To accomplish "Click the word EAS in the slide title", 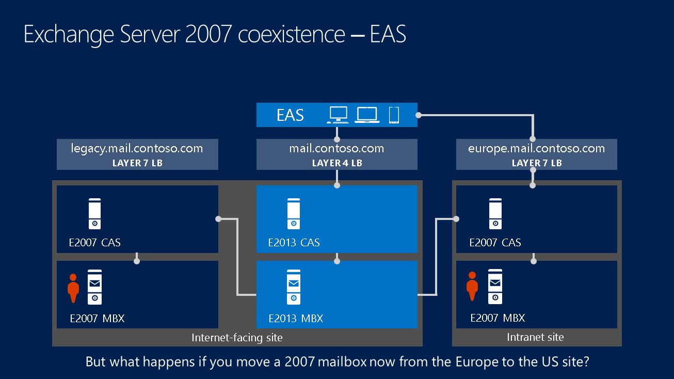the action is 388,34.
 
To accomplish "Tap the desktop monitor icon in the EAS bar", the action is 338,115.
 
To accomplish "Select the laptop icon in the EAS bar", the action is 367,115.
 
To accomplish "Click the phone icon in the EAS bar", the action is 394,115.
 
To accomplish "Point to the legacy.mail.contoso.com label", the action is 137,149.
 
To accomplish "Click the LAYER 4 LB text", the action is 336,163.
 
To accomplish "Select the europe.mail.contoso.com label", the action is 536,149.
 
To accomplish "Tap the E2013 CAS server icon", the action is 294,214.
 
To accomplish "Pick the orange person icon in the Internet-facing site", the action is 73,288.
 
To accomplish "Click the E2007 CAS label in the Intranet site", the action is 495,243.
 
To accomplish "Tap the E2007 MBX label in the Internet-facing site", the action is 97,318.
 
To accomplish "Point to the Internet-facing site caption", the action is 237,338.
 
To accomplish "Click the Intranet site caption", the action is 535,337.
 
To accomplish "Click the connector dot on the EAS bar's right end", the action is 419,115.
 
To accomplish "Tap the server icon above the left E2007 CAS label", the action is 94,214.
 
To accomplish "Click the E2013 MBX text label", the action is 296,318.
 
